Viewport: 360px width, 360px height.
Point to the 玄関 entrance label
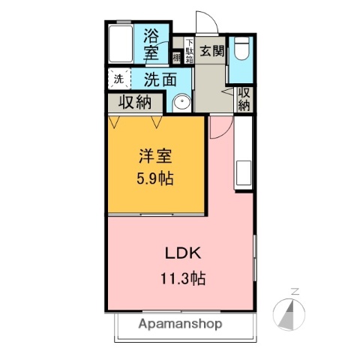point(212,51)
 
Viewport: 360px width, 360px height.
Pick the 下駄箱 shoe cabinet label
point(190,51)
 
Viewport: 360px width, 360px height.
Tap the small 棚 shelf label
point(176,57)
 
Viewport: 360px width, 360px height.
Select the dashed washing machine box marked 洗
point(118,78)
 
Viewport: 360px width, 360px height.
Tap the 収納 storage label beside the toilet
point(244,98)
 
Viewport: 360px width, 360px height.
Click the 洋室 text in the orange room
point(155,157)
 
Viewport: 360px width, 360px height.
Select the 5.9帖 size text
point(155,180)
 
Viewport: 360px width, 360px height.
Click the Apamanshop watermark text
point(179,324)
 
